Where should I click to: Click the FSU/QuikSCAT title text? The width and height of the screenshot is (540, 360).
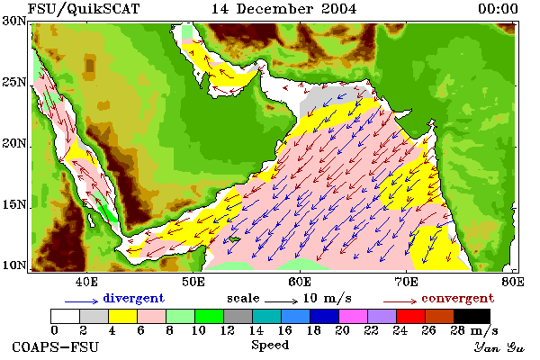pos(84,9)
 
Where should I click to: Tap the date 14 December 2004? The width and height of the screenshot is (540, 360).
pos(283,9)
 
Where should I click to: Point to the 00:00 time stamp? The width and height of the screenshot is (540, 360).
pos(498,9)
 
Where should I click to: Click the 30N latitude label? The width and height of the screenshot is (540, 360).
pos(14,21)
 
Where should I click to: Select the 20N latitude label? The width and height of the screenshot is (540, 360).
pos(14,143)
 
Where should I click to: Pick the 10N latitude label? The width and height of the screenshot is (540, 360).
pos(14,265)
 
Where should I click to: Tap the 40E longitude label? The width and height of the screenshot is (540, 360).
pos(86,282)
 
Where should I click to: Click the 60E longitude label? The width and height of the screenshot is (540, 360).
pos(300,282)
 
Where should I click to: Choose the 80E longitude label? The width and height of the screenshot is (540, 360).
pos(513,282)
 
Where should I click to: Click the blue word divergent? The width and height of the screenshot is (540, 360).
pos(133,298)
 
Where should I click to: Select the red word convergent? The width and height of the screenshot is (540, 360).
pos(458,298)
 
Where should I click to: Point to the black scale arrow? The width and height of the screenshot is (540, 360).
pos(281,301)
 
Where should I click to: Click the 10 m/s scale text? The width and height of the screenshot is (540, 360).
pos(328,298)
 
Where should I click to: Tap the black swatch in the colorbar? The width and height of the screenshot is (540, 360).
pos(472,316)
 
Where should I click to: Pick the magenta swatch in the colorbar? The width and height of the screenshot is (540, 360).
pos(354,316)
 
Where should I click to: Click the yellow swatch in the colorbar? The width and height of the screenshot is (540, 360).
pos(123,316)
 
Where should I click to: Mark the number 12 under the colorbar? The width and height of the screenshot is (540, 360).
pos(228,330)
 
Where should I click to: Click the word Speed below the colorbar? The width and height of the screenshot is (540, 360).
pos(270,345)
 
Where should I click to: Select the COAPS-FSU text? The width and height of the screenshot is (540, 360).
pos(56,346)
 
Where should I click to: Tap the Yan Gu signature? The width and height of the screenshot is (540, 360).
pos(499,347)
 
